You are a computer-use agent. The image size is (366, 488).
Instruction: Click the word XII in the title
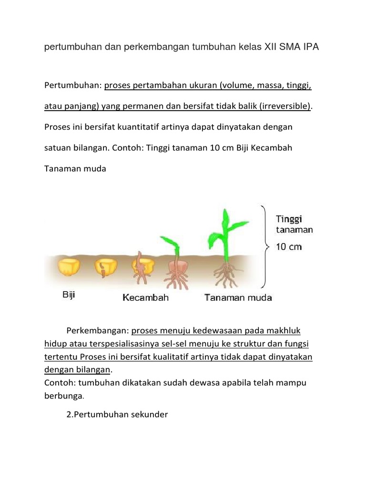click(x=274, y=48)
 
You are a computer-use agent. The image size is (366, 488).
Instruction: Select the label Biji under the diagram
click(x=69, y=295)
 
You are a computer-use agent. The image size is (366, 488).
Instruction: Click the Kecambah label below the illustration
click(x=145, y=298)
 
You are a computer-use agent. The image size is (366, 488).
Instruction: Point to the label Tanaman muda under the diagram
click(x=238, y=298)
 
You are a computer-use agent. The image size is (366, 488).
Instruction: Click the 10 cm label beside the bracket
click(x=289, y=247)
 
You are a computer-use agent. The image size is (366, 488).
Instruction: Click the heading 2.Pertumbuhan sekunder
click(x=117, y=415)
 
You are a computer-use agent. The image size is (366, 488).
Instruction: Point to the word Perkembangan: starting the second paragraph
click(x=98, y=331)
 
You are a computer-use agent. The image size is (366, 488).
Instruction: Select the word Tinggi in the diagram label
click(x=289, y=219)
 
